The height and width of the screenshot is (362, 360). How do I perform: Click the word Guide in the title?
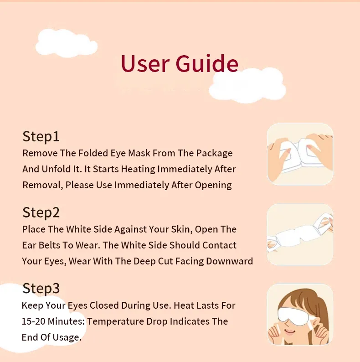(207, 63)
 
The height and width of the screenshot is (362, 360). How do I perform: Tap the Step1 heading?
(41, 136)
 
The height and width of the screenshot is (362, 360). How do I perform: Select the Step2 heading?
(41, 212)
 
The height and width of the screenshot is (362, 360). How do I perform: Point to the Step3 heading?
(41, 289)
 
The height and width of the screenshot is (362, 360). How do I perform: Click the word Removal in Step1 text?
(42, 185)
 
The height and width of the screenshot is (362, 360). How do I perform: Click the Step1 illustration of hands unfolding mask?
(300, 154)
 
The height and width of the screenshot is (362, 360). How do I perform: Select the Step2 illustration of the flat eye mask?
(300, 234)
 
